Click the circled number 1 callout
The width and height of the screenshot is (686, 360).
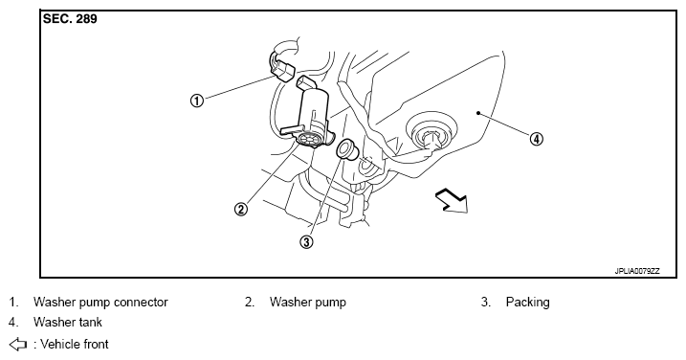click(x=197, y=101)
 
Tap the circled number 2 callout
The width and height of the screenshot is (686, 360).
click(x=240, y=209)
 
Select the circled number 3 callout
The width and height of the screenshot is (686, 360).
click(x=307, y=241)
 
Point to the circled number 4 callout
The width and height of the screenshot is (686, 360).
click(x=537, y=139)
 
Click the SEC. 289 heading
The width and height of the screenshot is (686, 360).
click(x=70, y=19)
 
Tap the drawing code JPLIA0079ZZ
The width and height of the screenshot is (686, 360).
click(x=637, y=271)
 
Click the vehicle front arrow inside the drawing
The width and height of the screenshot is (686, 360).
click(x=453, y=200)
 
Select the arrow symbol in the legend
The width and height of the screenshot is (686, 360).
click(x=17, y=345)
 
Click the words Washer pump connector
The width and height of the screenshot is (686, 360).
click(x=100, y=303)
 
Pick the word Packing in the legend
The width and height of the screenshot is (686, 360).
click(x=527, y=303)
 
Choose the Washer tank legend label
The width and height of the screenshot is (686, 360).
click(x=67, y=323)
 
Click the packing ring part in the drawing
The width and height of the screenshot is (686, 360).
click(x=347, y=149)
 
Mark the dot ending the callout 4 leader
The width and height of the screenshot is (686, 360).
click(x=478, y=113)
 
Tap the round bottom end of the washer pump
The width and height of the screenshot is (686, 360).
click(x=310, y=140)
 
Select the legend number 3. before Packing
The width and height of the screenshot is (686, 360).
click(x=486, y=303)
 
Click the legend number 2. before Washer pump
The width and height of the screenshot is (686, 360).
click(x=250, y=303)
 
